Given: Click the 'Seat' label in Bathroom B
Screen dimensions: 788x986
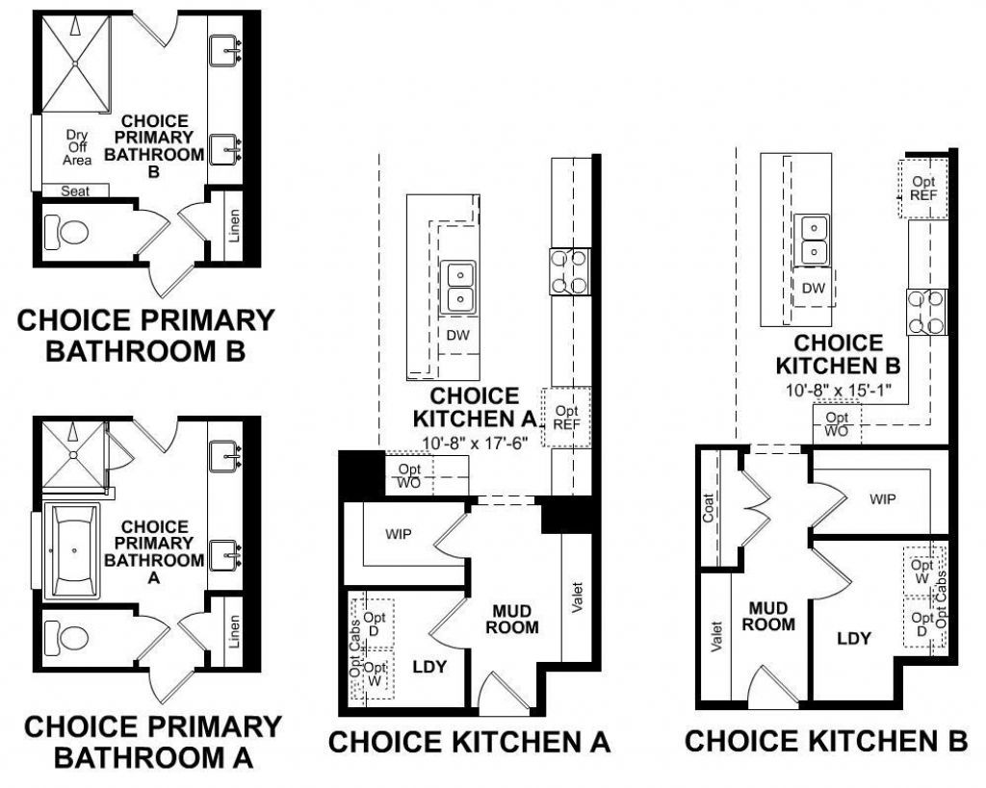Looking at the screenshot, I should [x=75, y=191].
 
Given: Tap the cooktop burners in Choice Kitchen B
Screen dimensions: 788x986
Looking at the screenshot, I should [x=926, y=312].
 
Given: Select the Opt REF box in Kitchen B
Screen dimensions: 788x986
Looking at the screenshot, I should [x=923, y=189].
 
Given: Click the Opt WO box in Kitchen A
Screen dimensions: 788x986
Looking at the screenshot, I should [x=409, y=476].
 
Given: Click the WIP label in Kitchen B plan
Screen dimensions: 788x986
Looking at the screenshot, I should [x=882, y=499].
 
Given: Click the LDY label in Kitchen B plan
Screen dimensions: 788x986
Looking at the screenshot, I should [x=853, y=637].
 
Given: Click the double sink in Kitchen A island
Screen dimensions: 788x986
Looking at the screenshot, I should [x=459, y=287].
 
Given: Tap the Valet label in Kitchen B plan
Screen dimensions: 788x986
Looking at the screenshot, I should [x=715, y=636].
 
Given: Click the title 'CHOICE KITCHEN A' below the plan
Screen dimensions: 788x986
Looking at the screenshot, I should [x=470, y=742].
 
